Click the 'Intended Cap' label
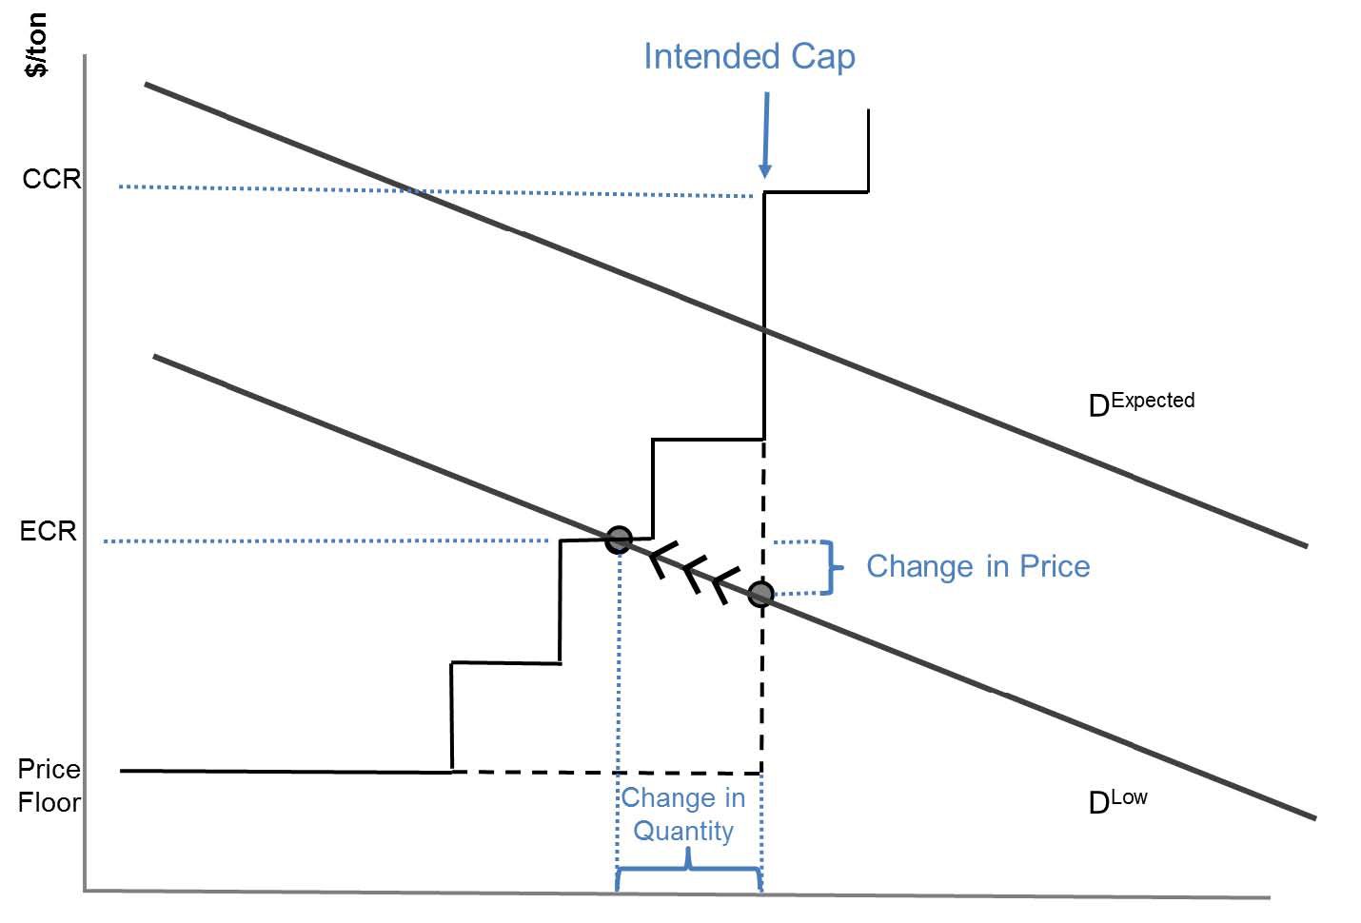(749, 56)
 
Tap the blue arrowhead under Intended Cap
(764, 170)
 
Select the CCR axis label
(51, 179)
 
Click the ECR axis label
(49, 530)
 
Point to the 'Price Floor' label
(49, 785)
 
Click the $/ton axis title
(35, 46)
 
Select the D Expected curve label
(1140, 403)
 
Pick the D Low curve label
(1117, 801)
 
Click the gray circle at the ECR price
(619, 539)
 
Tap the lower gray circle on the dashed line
(760, 595)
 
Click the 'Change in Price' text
(977, 566)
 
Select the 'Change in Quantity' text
(683, 814)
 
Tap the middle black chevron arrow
(696, 576)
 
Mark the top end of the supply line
(868, 112)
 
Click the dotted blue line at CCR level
(428, 190)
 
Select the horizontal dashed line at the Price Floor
(609, 772)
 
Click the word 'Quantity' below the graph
(683, 831)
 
